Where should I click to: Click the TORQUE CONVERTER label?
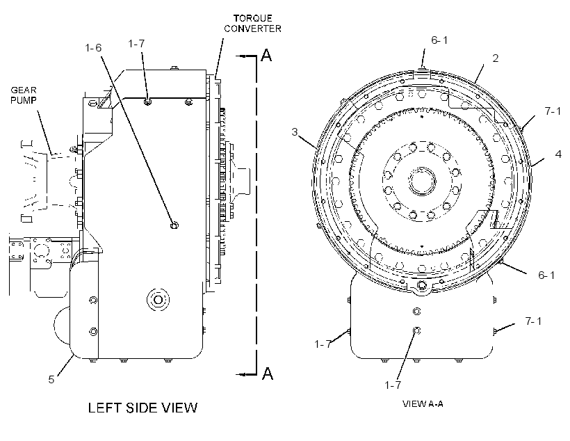tap(252, 24)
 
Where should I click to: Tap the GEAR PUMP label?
tap(24, 95)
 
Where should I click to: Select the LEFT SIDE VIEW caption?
tap(143, 408)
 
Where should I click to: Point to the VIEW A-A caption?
tap(423, 404)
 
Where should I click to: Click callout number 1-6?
tap(93, 48)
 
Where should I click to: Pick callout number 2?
tap(496, 58)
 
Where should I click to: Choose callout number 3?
tap(295, 131)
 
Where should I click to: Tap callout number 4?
tap(558, 154)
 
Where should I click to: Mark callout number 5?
tap(51, 380)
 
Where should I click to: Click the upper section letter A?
tap(266, 56)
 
